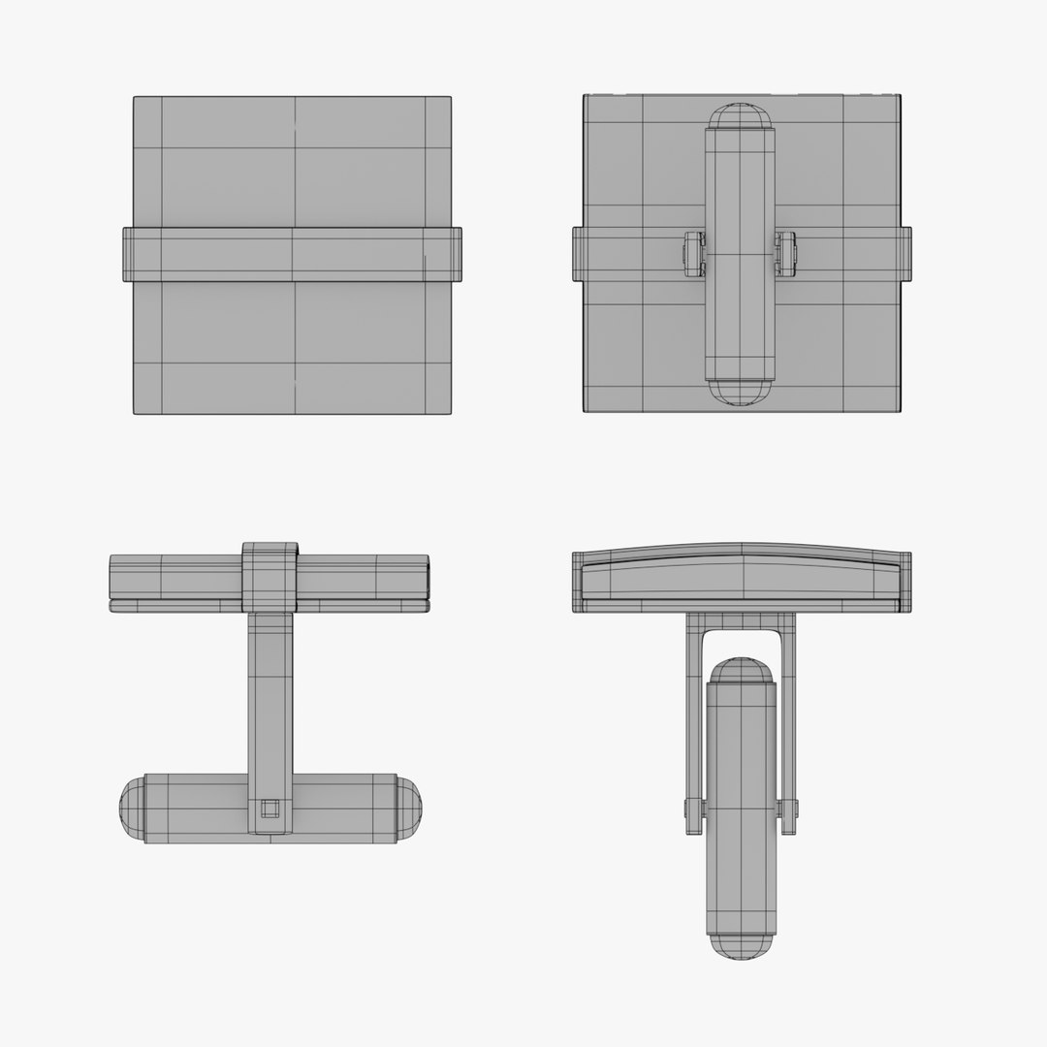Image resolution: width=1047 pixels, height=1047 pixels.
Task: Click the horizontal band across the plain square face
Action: pos(291,254)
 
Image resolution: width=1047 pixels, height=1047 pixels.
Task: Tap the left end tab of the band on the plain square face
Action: pos(128,254)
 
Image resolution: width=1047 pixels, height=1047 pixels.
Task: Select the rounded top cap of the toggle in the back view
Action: pos(740,115)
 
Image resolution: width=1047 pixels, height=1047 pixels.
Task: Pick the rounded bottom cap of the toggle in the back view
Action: pos(740,392)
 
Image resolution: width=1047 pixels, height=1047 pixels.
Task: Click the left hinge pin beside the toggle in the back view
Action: pos(694,254)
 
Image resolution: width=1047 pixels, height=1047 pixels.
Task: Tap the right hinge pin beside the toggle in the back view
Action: pos(785,254)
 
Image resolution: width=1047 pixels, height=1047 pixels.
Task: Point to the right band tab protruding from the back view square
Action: pos(905,254)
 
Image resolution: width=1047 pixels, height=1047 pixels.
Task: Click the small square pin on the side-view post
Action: pos(270,808)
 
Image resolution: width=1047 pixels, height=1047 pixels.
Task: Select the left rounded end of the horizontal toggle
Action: pos(132,809)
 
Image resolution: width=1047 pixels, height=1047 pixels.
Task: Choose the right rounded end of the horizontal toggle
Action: pos(408,809)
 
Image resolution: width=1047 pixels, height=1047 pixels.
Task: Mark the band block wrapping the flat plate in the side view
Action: pos(270,577)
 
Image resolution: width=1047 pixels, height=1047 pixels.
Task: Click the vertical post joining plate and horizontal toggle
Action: pos(270,698)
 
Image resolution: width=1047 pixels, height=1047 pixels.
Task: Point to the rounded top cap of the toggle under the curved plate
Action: pos(741,670)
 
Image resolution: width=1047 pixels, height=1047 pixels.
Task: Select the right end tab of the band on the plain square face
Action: pos(456,254)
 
